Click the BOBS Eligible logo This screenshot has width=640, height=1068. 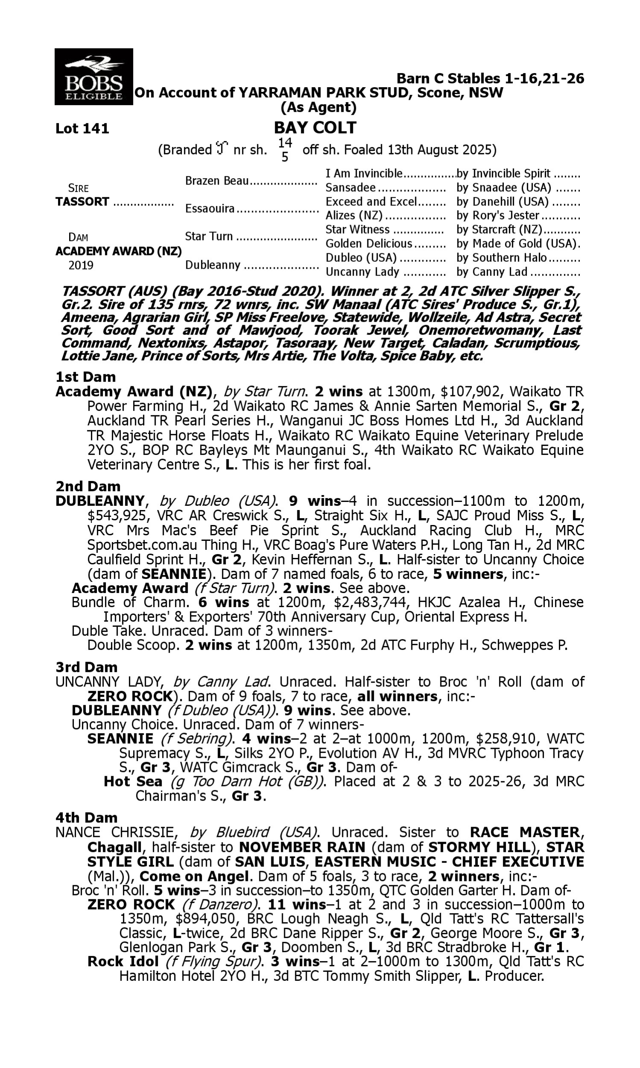(x=93, y=76)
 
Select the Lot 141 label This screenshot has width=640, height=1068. (x=82, y=129)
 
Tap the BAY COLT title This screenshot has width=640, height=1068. (x=315, y=128)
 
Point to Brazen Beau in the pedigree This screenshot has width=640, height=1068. (x=217, y=180)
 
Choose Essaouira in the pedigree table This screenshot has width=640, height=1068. (x=209, y=208)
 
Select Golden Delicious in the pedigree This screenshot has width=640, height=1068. (x=369, y=244)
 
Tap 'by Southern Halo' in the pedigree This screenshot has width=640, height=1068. (x=501, y=258)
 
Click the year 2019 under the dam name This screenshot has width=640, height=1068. (x=81, y=265)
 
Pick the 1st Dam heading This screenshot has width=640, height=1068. (x=85, y=377)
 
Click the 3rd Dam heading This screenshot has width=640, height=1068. (x=86, y=667)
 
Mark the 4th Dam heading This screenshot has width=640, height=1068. (x=86, y=818)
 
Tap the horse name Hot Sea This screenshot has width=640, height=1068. (x=133, y=782)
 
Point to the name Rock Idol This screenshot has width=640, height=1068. (x=123, y=962)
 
